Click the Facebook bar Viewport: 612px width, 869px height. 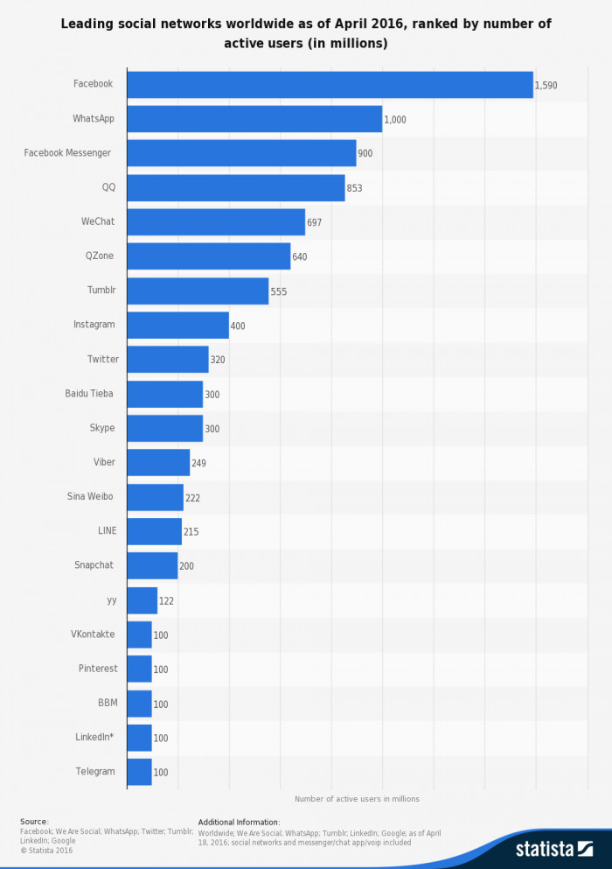point(330,85)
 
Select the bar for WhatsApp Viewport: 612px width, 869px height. point(254,119)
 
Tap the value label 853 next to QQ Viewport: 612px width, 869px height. point(354,188)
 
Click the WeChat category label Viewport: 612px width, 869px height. point(98,221)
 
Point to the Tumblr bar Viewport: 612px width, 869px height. point(198,291)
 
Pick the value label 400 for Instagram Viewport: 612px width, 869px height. point(238,326)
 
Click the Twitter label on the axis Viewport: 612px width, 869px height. point(102,359)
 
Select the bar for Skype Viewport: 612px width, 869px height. point(164,428)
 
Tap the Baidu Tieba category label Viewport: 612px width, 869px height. point(89,394)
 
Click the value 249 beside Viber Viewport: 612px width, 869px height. point(198,463)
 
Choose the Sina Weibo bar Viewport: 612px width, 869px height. point(155,497)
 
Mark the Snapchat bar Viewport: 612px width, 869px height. point(152,565)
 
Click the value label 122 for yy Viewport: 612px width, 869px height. point(166,601)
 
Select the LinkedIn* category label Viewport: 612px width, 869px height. point(94,737)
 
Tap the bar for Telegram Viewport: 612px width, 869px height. point(139,772)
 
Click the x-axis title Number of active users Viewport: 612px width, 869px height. point(357,798)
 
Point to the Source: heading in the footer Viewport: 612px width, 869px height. point(34,822)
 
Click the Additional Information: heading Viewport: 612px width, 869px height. point(239,822)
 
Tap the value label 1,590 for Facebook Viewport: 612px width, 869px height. point(546,86)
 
